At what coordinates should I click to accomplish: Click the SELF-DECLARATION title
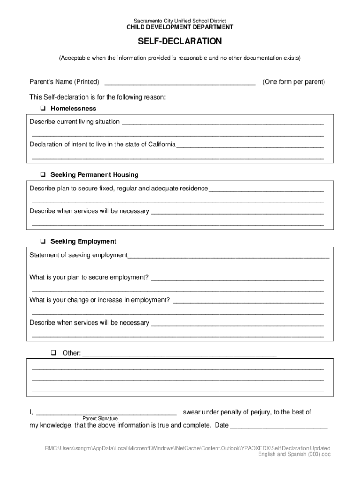coord(180,42)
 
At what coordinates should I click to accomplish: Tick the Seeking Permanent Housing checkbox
coord(43,175)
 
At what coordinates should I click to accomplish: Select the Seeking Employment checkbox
coord(43,242)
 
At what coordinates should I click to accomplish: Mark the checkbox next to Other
coord(54,353)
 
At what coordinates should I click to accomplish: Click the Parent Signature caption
coord(100,418)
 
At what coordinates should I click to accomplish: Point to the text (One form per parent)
coord(294,82)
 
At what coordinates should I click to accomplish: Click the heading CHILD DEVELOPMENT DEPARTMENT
coord(180,28)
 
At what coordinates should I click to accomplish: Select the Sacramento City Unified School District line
coord(180,21)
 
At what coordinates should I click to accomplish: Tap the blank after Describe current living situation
coord(223,123)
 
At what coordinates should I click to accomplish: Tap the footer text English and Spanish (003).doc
coord(294,454)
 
